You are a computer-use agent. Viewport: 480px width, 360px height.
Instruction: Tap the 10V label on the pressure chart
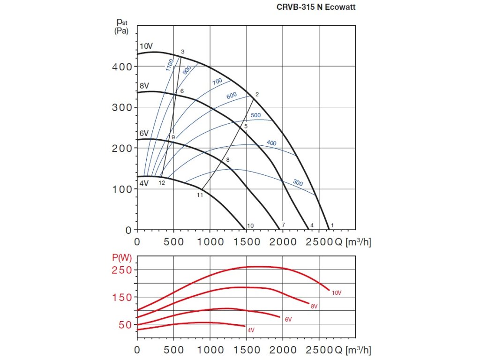tap(146, 46)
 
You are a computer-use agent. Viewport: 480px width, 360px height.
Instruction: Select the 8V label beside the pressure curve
tap(145, 86)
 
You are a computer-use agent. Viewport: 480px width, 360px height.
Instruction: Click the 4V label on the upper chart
tap(144, 183)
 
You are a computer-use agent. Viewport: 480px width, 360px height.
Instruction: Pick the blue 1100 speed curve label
tap(170, 65)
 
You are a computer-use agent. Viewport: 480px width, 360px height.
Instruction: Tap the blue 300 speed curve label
tap(298, 182)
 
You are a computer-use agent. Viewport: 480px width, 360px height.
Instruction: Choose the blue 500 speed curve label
tap(255, 115)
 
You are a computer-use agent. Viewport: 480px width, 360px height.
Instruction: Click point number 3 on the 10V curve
tap(182, 52)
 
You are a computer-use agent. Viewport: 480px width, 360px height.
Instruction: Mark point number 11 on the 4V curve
tap(200, 195)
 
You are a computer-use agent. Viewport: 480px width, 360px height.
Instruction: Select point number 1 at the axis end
tap(332, 225)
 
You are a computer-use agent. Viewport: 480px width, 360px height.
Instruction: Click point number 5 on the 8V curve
tap(246, 126)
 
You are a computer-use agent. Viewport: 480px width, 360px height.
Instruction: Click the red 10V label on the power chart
tap(337, 293)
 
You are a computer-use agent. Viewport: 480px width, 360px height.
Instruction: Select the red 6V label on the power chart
tap(288, 319)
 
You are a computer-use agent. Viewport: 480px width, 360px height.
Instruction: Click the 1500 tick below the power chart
tap(246, 349)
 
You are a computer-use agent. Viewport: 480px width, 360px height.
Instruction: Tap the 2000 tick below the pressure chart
tap(283, 242)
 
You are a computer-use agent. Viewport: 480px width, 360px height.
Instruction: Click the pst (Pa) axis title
tap(121, 26)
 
